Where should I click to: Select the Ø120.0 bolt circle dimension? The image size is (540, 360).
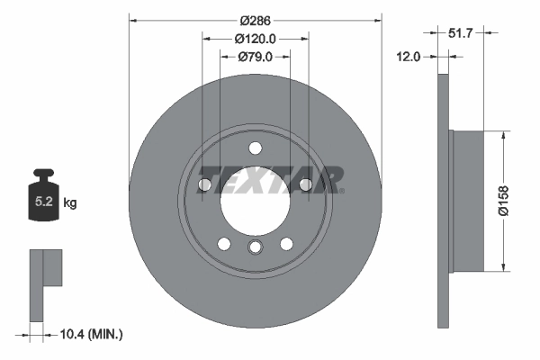point(255,39)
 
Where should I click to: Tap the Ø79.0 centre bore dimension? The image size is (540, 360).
point(255,57)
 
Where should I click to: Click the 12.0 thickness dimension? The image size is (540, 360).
point(409,57)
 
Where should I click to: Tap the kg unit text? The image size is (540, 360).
point(70,203)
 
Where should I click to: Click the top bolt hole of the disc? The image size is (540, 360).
point(255,148)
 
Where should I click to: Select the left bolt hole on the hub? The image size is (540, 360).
point(204,184)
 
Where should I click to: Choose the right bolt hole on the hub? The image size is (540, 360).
point(306,184)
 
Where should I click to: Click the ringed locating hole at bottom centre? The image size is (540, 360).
point(255,249)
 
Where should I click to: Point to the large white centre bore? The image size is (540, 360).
point(255,200)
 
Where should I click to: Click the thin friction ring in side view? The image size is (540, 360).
point(443,200)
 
